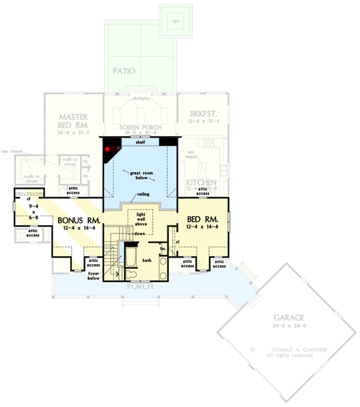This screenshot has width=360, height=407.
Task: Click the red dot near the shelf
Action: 107,148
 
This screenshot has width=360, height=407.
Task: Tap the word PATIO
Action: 124,71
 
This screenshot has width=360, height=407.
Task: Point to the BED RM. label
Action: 203,220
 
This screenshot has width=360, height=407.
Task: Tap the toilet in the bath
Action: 130,274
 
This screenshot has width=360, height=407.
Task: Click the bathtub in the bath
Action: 130,256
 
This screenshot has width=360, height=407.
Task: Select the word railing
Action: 144,194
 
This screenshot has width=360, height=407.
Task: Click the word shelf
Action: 141,142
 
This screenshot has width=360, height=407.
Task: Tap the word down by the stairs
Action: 139,233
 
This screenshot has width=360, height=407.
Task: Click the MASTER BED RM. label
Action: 73,119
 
